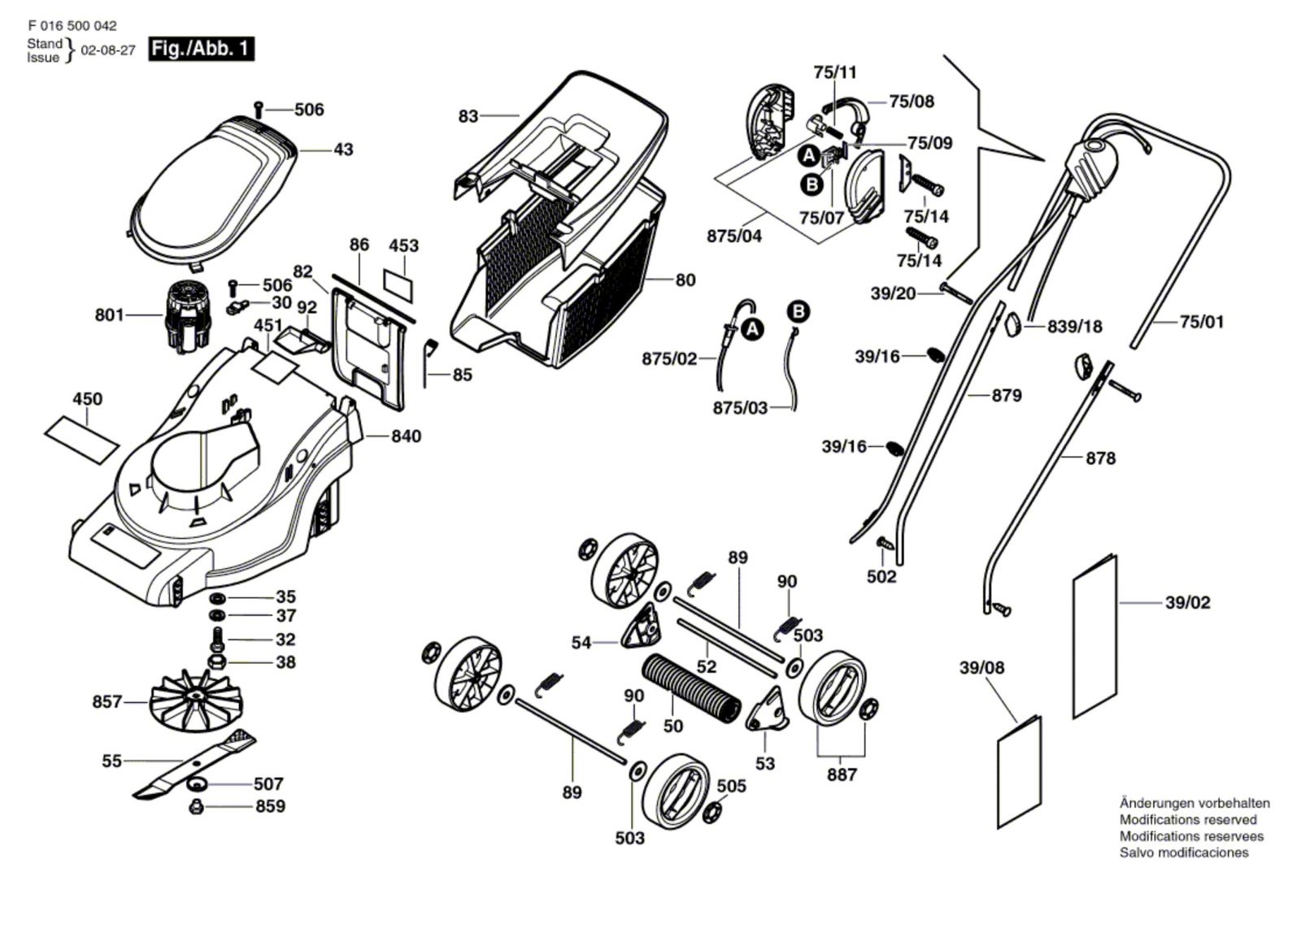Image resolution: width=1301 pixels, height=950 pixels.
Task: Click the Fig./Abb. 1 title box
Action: tap(201, 49)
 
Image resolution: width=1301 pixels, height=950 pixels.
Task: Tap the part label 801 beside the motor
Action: tap(109, 314)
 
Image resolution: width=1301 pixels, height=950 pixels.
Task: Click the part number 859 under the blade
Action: tap(270, 806)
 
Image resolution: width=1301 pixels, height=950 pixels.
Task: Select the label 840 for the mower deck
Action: tap(406, 436)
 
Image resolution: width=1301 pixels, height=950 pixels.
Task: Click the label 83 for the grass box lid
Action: tap(468, 116)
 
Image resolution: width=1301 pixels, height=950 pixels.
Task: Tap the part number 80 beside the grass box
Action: tap(685, 280)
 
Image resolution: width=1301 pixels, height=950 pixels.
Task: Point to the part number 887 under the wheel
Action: tap(842, 774)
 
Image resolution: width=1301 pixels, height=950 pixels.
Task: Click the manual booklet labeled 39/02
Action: tap(1095, 636)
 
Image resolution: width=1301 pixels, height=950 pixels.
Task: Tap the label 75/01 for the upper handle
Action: tap(1201, 322)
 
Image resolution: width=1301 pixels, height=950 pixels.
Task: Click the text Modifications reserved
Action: tap(1187, 819)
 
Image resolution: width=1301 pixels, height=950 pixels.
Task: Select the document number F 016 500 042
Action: tap(72, 26)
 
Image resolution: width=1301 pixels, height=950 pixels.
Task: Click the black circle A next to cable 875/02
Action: tap(753, 329)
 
